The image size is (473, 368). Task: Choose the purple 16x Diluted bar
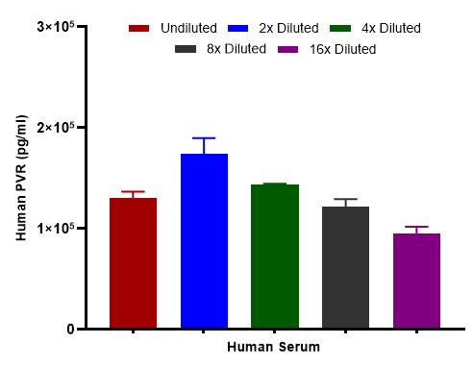point(416,281)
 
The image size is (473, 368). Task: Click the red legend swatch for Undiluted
point(140,29)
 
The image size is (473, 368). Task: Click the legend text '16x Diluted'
point(342,49)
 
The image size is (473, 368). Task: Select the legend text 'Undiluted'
point(189,29)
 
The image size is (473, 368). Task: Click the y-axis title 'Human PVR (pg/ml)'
point(21,178)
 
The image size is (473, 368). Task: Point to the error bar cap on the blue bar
point(204,138)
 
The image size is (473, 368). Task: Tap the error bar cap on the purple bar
point(416,227)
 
